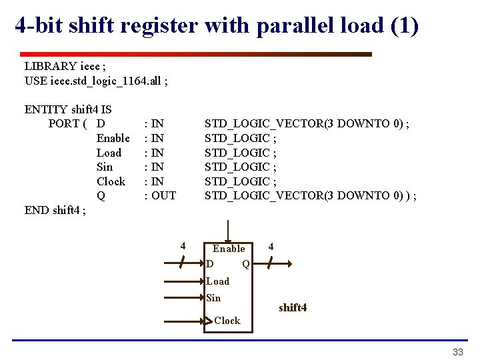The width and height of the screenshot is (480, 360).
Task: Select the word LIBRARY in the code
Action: [51, 66]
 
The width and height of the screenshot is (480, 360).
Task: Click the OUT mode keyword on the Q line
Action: [164, 195]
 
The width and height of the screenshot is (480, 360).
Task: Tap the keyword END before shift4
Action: [37, 210]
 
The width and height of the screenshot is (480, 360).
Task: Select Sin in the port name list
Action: [105, 167]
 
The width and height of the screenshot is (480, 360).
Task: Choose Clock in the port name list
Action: [111, 181]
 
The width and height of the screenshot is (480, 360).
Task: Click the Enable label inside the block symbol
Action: [229, 249]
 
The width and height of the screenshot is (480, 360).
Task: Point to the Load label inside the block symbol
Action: [217, 281]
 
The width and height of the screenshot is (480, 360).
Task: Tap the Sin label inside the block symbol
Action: [213, 298]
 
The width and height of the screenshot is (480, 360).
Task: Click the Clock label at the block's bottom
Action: [227, 321]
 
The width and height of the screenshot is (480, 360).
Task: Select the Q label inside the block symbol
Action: [245, 264]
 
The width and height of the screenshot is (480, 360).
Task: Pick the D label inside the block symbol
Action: [211, 264]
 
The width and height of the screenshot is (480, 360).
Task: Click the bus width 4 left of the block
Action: [183, 246]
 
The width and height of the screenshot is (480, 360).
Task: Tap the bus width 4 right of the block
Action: [271, 247]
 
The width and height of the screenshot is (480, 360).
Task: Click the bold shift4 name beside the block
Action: [293, 307]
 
